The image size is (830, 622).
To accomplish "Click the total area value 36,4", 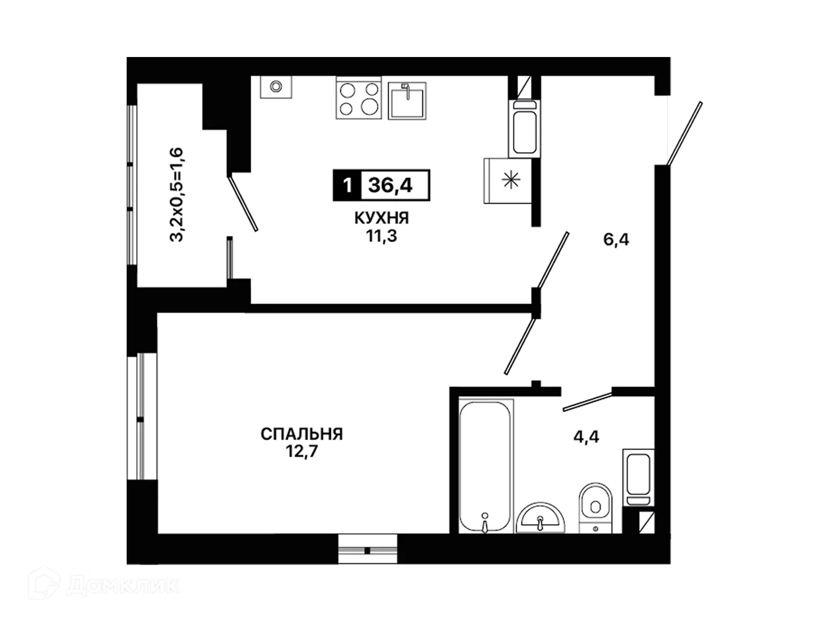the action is click(x=390, y=185).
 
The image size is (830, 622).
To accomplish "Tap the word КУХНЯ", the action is click(x=382, y=218).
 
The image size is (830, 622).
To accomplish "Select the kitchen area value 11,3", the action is click(x=381, y=236).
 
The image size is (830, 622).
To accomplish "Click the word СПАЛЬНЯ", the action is click(x=301, y=434).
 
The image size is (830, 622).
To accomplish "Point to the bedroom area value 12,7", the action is click(x=301, y=452).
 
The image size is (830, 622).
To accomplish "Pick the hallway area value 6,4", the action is click(x=616, y=240).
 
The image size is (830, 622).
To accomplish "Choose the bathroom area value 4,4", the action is click(x=586, y=437).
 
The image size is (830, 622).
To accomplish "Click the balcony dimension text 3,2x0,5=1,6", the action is click(x=176, y=195).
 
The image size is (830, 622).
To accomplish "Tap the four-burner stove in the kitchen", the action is click(x=359, y=98).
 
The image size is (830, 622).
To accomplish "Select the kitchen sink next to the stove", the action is click(x=408, y=100).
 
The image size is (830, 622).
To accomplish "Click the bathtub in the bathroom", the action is click(x=486, y=466).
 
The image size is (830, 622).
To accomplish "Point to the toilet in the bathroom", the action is click(x=595, y=508).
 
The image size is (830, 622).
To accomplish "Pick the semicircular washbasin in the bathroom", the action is click(x=540, y=518).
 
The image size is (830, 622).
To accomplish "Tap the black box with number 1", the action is click(x=347, y=185).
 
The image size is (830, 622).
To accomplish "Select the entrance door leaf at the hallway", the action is click(x=684, y=134).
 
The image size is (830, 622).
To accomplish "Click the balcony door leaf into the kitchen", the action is click(x=243, y=203).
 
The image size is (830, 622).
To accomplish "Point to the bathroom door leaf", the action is click(x=587, y=401).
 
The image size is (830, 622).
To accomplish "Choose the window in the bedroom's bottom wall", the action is click(x=368, y=550).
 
